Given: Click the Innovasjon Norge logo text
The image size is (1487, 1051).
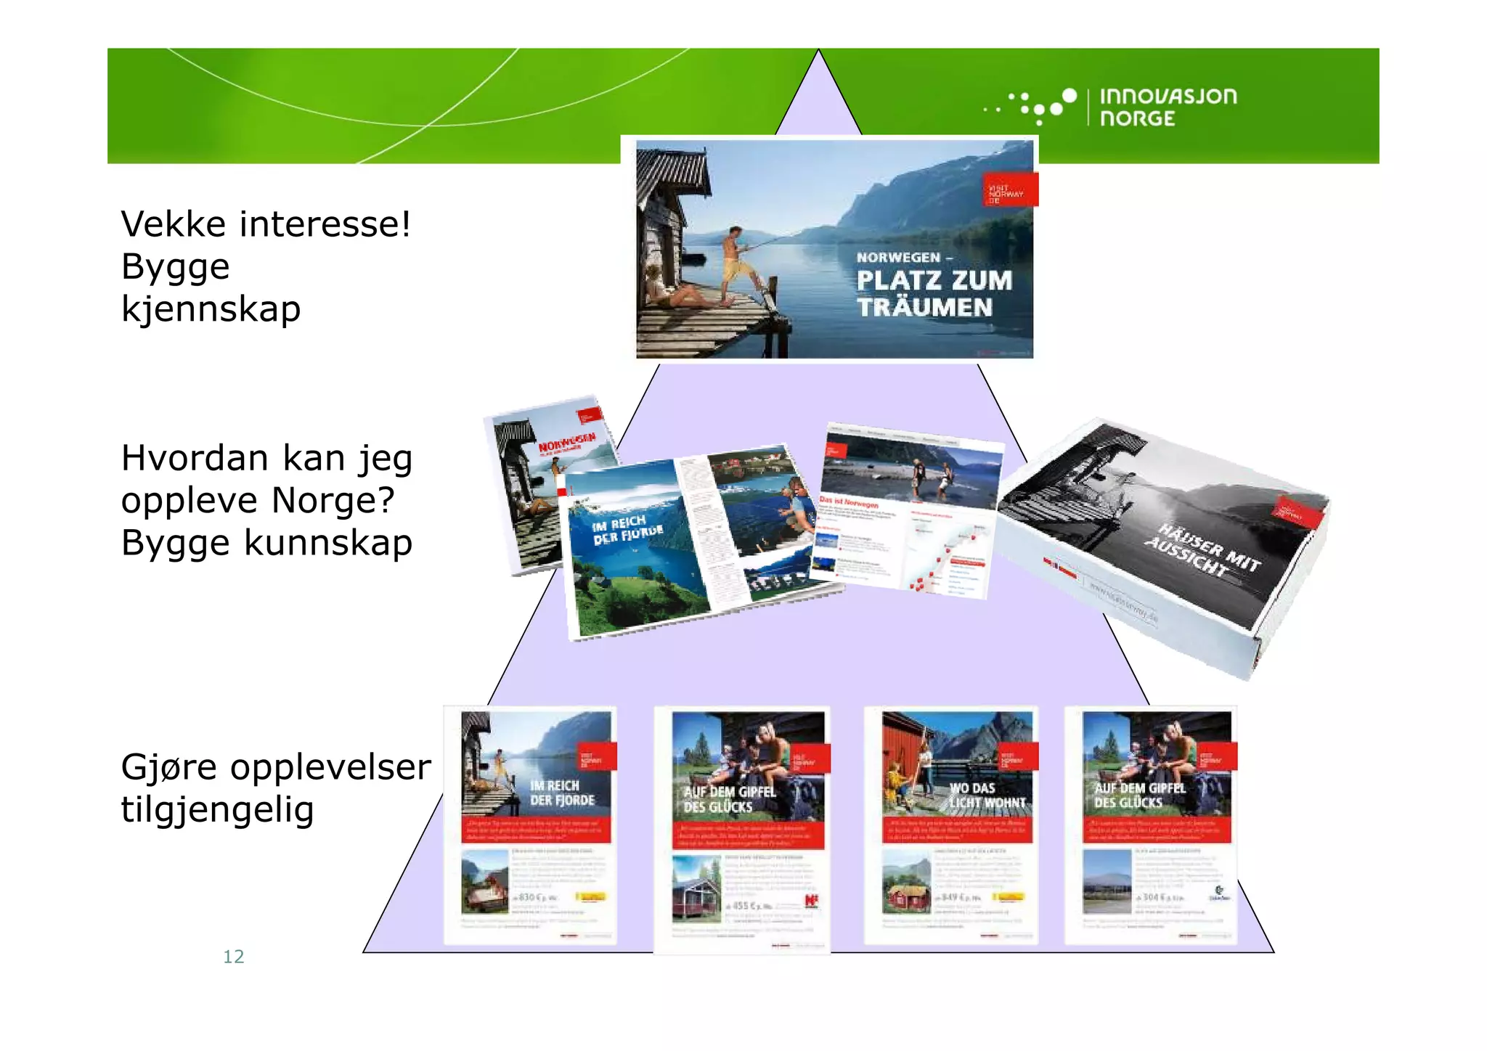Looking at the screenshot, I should tap(1168, 107).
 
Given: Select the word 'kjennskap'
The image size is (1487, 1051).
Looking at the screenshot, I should tap(211, 308).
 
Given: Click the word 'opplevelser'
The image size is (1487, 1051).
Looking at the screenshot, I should tap(330, 767).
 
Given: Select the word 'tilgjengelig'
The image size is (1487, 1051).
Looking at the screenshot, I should tap(217, 809).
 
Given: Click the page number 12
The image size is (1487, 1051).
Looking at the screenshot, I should tap(233, 957).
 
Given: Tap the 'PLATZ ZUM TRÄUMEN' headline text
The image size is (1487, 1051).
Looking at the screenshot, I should tap(933, 293).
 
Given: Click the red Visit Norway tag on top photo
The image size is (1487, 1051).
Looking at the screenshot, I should tap(1010, 190).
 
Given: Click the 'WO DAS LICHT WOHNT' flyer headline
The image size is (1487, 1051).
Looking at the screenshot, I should tap(987, 796).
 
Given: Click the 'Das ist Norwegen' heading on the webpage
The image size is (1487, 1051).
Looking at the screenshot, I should tap(849, 502).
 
